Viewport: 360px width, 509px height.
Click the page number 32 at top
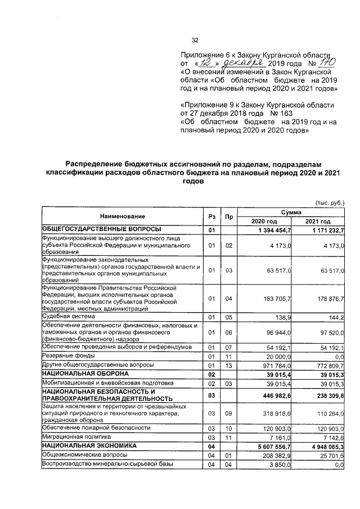[x=195, y=40]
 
